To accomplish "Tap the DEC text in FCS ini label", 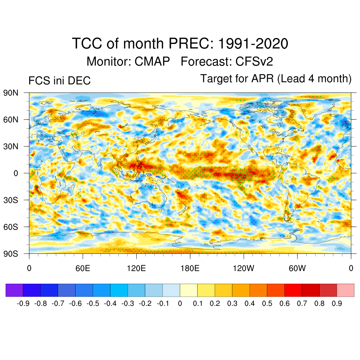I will [x=80, y=81].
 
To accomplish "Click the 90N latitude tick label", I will [x=11, y=93].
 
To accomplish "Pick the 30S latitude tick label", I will [x=11, y=200].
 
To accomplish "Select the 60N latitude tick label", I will [x=11, y=120].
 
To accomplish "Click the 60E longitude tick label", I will [x=83, y=269].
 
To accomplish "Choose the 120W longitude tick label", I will [x=244, y=269].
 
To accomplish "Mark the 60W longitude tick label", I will [x=297, y=269].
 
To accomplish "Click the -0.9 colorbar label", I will [x=23, y=303].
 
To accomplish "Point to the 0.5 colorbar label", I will [x=267, y=303].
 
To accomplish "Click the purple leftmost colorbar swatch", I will [x=14, y=290].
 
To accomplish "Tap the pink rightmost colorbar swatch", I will [x=346, y=290].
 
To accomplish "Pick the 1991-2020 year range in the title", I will [x=253, y=44].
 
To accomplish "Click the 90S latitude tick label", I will [x=11, y=253].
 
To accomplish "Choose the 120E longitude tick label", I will [x=136, y=269].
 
